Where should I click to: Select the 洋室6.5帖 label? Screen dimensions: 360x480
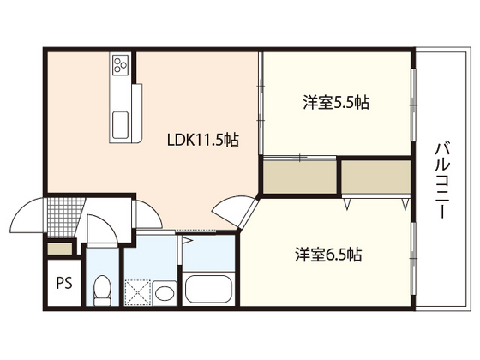pos(328,255)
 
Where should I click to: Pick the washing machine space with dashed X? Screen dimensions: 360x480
pos(137,291)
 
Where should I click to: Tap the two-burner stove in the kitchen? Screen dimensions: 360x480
pos(119,64)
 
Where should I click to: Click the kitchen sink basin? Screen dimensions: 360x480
pos(120,124)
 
